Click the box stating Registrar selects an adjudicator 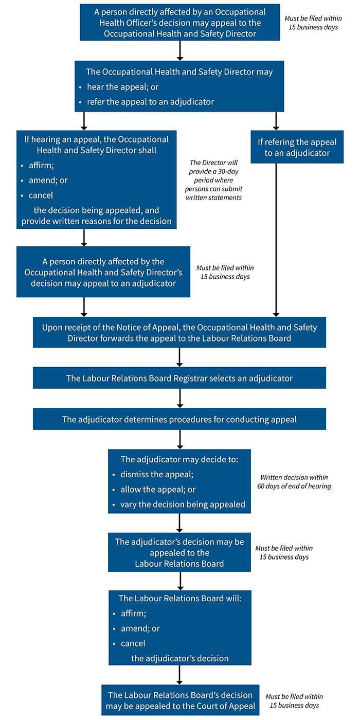[x=179, y=378]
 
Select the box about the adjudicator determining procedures [x=179, y=419]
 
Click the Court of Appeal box [x=180, y=700]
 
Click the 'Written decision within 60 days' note [x=294, y=481]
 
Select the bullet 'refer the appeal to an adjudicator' [x=150, y=101]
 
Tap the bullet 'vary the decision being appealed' [x=183, y=504]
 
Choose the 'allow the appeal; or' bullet [x=158, y=489]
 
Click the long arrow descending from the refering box [x=276, y=239]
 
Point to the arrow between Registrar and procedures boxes [x=179, y=398]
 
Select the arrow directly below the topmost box [x=179, y=50]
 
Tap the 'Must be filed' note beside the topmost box [x=313, y=23]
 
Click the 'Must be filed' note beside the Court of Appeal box [x=294, y=700]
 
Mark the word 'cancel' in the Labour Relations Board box [x=133, y=643]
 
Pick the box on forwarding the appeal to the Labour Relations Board [x=179, y=332]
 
